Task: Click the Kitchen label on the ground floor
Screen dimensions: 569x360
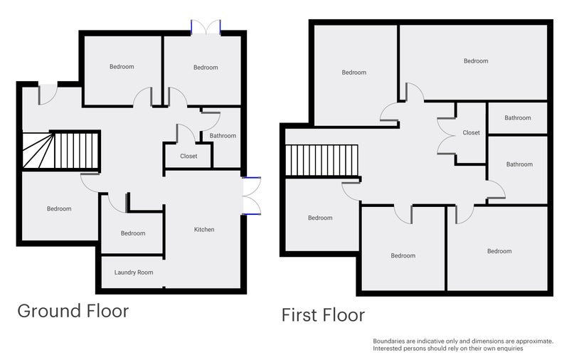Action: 204,229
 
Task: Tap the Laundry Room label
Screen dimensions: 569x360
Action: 134,272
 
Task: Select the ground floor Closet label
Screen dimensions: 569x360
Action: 188,156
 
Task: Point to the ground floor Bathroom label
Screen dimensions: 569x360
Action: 223,136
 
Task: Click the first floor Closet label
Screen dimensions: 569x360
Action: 471,133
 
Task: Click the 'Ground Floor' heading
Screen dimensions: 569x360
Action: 73,311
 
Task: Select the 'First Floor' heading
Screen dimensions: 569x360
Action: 323,315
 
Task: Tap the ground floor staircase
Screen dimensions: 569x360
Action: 60,151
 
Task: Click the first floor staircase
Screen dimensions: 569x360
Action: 322,160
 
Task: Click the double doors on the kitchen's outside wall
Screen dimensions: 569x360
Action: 252,196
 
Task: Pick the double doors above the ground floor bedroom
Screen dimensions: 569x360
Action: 206,27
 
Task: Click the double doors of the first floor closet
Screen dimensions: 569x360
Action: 447,136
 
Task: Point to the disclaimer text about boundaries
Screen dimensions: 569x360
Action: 463,345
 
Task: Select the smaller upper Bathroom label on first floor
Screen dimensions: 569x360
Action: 518,118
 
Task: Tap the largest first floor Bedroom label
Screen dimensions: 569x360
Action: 476,61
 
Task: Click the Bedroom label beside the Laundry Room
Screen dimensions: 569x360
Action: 133,233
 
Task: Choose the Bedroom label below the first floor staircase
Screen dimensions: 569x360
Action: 320,218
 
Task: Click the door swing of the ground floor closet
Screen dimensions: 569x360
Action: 186,133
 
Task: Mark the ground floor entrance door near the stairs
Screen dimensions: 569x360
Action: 48,95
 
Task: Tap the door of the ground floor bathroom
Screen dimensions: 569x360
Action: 211,121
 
